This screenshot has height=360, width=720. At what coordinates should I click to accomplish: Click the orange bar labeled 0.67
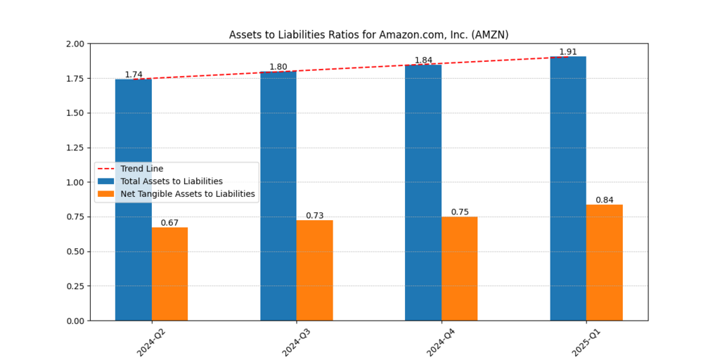pyautogui.click(x=169, y=274)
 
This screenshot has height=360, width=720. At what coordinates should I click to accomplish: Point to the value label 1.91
pyautogui.click(x=568, y=52)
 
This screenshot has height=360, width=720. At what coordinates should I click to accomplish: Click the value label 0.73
pyautogui.click(x=314, y=216)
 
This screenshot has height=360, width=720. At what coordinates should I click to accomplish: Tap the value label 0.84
pyautogui.click(x=604, y=200)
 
